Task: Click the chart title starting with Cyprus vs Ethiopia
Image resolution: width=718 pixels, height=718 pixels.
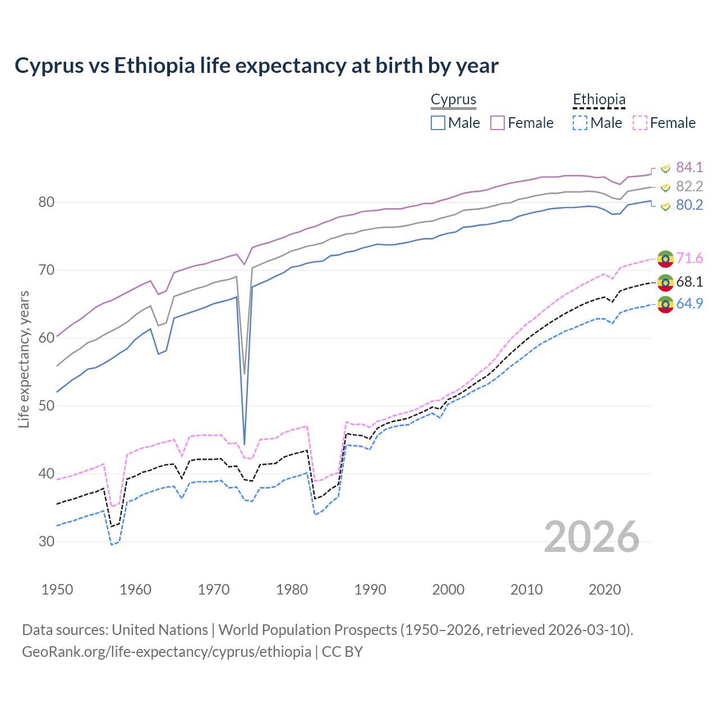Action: click(x=256, y=66)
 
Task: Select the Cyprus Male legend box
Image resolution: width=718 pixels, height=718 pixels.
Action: click(x=438, y=123)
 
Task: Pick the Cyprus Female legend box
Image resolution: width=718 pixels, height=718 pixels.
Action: click(x=498, y=123)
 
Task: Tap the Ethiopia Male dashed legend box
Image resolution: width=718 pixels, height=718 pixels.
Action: click(x=580, y=123)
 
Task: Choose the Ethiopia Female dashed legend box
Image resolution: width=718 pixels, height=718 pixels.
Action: click(x=640, y=123)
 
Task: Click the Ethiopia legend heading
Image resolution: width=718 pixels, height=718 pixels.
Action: click(x=599, y=100)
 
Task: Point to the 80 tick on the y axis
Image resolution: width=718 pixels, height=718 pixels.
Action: click(x=46, y=202)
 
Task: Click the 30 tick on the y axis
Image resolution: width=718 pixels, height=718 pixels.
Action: click(x=46, y=542)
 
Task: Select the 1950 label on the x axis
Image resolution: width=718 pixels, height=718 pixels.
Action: click(x=57, y=590)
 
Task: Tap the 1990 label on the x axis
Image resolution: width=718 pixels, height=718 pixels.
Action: click(x=370, y=590)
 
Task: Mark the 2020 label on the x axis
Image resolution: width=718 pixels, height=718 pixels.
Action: click(x=605, y=590)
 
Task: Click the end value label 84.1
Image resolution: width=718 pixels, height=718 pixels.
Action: click(x=689, y=168)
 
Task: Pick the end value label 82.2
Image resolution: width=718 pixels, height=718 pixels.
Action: click(x=689, y=186)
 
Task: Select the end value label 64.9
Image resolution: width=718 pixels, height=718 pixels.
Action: click(x=689, y=303)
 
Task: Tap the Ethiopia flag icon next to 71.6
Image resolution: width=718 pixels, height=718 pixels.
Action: click(x=665, y=259)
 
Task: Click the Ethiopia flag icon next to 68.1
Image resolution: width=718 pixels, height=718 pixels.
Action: click(x=665, y=282)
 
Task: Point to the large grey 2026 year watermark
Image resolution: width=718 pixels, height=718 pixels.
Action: click(x=592, y=537)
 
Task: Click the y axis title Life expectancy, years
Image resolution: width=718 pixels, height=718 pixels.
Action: click(x=24, y=359)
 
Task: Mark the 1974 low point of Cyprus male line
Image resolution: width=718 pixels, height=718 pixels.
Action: click(x=245, y=444)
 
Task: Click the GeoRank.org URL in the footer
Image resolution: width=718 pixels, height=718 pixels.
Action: click(x=166, y=652)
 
